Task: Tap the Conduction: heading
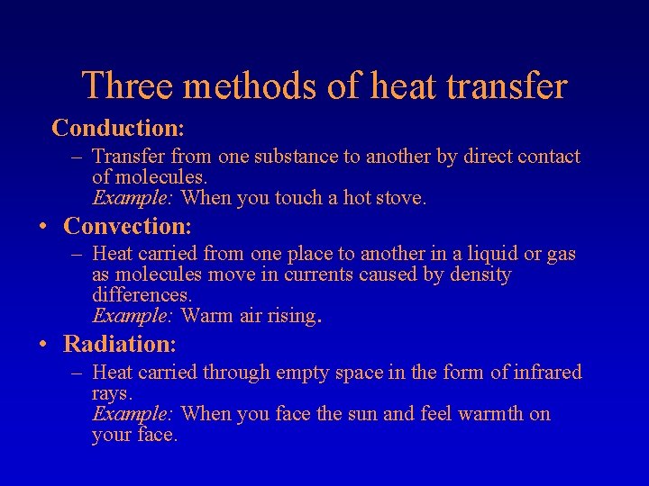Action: coord(118,128)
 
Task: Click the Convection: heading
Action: coord(127,226)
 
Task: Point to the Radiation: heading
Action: coord(120,344)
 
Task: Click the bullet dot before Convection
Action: coord(43,227)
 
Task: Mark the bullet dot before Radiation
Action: coord(43,345)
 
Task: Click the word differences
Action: coord(142,295)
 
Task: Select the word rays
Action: coord(111,394)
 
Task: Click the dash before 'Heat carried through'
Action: coord(78,373)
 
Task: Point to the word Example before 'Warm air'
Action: coord(133,316)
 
